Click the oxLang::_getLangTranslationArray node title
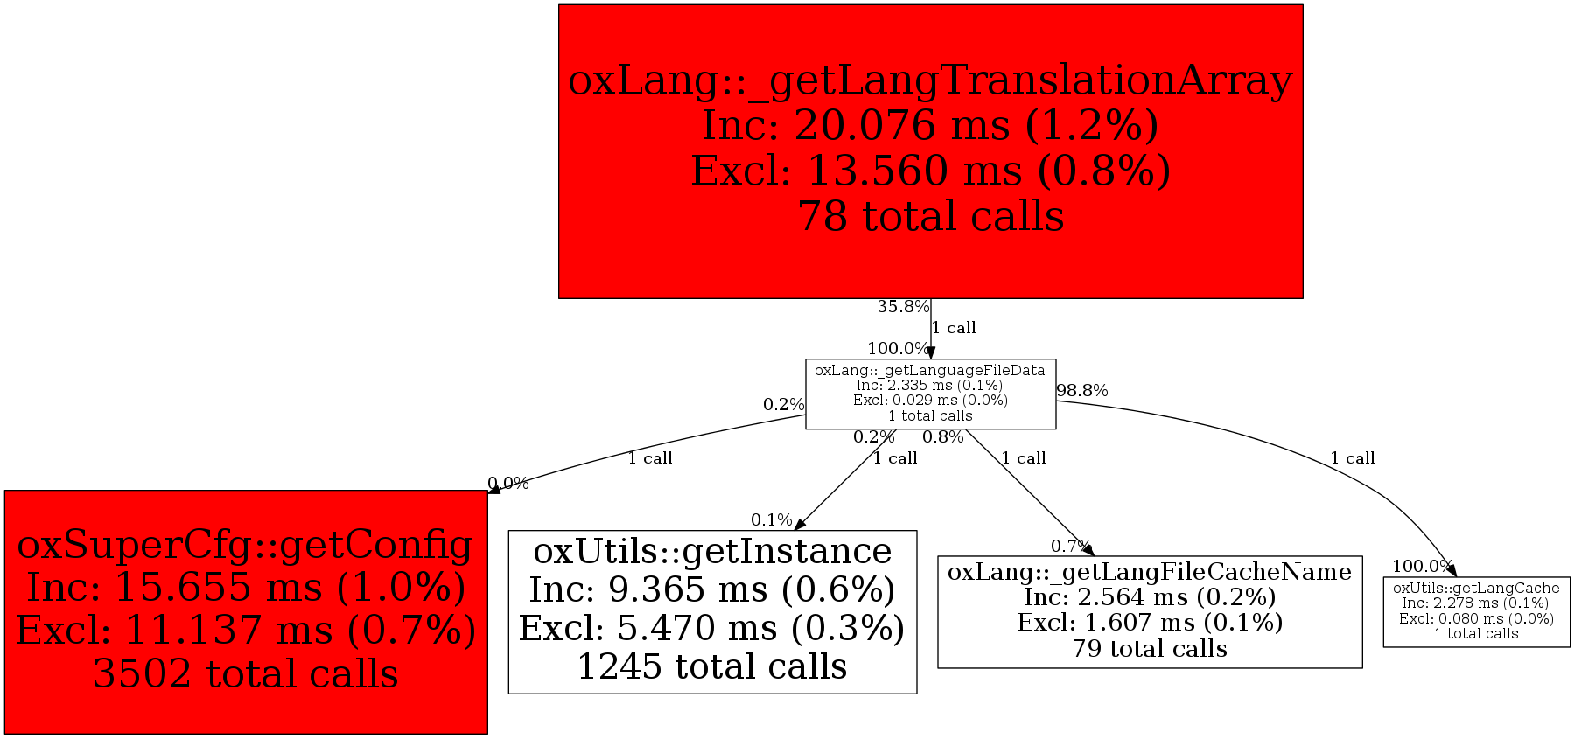[930, 80]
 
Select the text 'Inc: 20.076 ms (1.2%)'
[930, 126]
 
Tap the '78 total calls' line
[930, 217]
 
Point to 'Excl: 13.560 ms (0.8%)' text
[930, 171]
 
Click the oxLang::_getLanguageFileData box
[930, 394]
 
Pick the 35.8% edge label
[903, 307]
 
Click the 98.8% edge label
[1082, 391]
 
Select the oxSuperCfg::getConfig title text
[245, 545]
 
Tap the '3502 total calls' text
[245, 674]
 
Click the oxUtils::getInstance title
[712, 552]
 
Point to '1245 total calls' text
[712, 667]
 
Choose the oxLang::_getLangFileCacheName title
[1150, 572]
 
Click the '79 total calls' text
[1150, 649]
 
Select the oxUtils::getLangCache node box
[1476, 611]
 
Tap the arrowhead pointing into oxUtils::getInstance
[799, 524]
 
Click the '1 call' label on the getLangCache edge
[1352, 458]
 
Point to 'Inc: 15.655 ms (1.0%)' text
[245, 588]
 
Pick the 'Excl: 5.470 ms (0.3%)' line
[712, 629]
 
